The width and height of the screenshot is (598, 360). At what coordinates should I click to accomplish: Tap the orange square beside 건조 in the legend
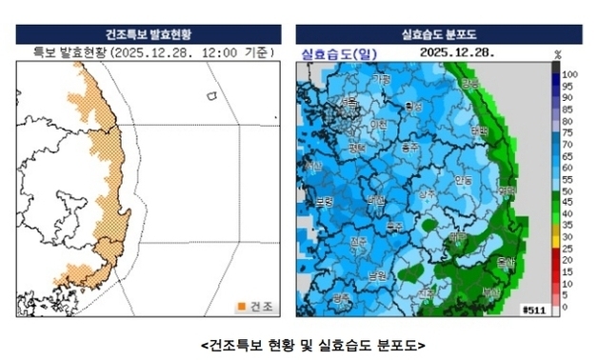pyautogui.click(x=240, y=307)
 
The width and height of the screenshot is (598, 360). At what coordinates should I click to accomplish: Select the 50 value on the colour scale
pyautogui.click(x=569, y=190)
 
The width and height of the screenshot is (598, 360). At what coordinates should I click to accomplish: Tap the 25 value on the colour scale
pyautogui.click(x=569, y=249)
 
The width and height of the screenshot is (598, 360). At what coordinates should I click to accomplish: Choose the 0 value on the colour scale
pyautogui.click(x=566, y=307)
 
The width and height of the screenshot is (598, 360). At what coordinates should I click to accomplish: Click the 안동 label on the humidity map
pyautogui.click(x=464, y=178)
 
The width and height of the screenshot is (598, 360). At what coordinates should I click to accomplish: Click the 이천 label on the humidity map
pyautogui.click(x=378, y=125)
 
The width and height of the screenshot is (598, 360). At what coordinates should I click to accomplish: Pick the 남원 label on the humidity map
pyautogui.click(x=378, y=274)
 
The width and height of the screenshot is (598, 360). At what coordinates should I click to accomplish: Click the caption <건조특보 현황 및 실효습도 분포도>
pyautogui.click(x=298, y=343)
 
